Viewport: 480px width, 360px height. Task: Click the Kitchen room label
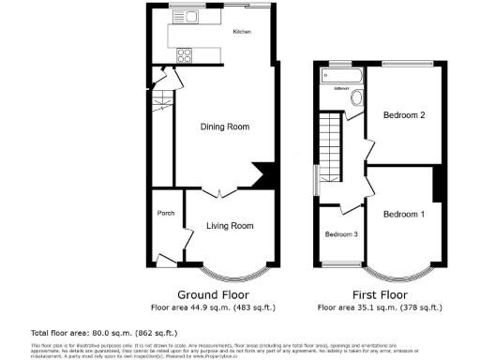pos(242,33)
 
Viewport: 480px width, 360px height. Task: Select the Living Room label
pos(231,226)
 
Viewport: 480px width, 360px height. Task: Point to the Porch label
pos(165,212)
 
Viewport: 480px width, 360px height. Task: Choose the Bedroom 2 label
pos(405,115)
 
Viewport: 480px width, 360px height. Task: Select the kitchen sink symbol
pos(177,16)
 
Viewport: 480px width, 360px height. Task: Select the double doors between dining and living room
pos(217,192)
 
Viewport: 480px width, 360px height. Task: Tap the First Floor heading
pos(379,293)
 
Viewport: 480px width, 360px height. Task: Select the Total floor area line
pos(91,333)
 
